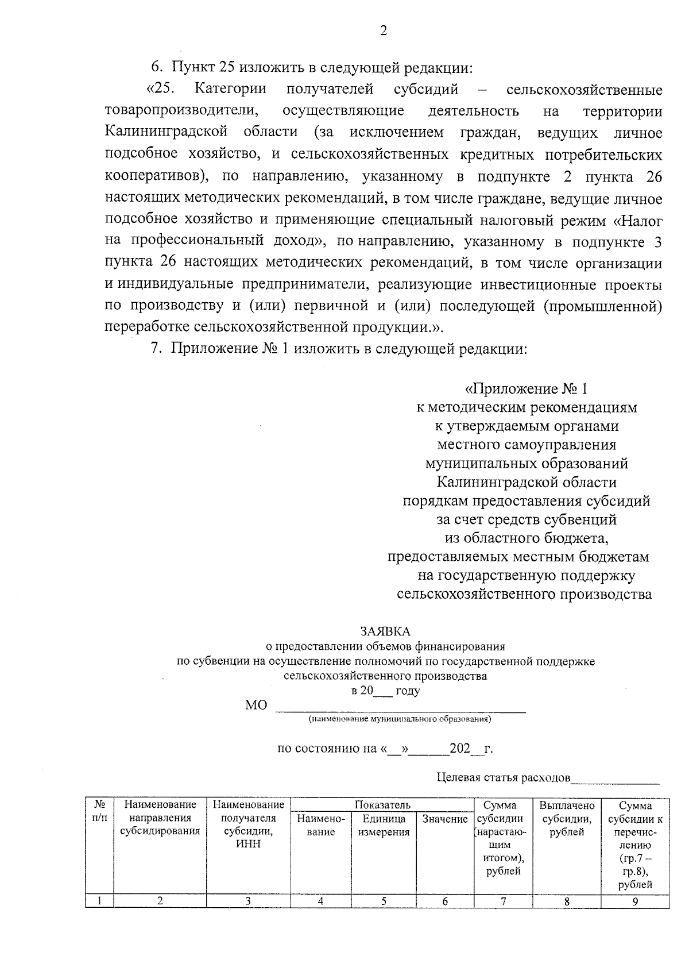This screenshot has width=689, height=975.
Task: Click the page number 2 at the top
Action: (x=384, y=30)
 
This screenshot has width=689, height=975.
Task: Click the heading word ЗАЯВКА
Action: (x=385, y=631)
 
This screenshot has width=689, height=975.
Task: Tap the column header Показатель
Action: (x=382, y=806)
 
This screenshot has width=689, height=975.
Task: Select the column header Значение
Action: (x=445, y=819)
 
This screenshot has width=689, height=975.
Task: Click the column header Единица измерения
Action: (x=384, y=826)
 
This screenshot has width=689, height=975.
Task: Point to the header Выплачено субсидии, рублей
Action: (x=567, y=819)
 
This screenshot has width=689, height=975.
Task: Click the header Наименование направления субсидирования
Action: (x=160, y=818)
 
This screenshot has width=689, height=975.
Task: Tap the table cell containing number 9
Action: (x=635, y=901)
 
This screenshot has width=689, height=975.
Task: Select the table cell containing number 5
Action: (x=384, y=901)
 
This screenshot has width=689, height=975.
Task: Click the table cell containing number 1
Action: (x=99, y=901)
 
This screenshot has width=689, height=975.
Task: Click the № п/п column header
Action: (x=99, y=811)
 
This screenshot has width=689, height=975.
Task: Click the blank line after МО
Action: (x=400, y=707)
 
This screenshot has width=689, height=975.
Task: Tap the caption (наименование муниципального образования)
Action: (x=400, y=719)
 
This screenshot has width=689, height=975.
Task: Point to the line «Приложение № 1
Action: (x=527, y=389)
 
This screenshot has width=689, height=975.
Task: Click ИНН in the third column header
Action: (x=248, y=844)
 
